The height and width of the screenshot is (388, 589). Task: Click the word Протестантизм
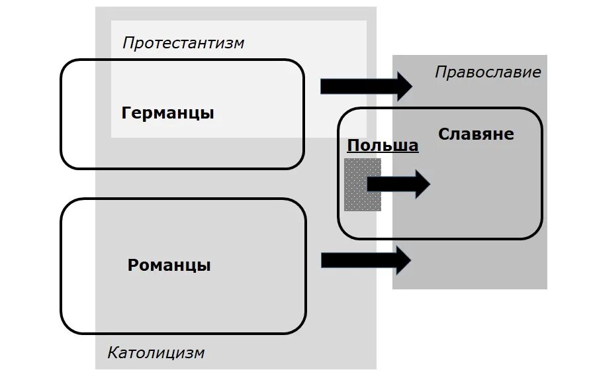point(183,44)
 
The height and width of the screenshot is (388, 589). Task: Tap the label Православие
point(488,72)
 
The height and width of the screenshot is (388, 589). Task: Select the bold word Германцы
point(168,113)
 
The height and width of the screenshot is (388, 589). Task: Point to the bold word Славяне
point(476,134)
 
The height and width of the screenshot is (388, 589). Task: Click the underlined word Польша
point(383,146)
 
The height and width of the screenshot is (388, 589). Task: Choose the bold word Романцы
point(169,266)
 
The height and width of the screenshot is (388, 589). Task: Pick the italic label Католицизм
point(156,353)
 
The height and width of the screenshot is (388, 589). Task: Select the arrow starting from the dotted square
point(398,183)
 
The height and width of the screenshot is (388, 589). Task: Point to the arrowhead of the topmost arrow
point(404,86)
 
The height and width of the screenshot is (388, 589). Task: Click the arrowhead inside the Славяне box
point(422,183)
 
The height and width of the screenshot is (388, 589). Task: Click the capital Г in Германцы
point(127,113)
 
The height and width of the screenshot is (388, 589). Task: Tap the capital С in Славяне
point(443,134)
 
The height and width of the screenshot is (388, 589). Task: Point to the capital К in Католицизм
point(113,353)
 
